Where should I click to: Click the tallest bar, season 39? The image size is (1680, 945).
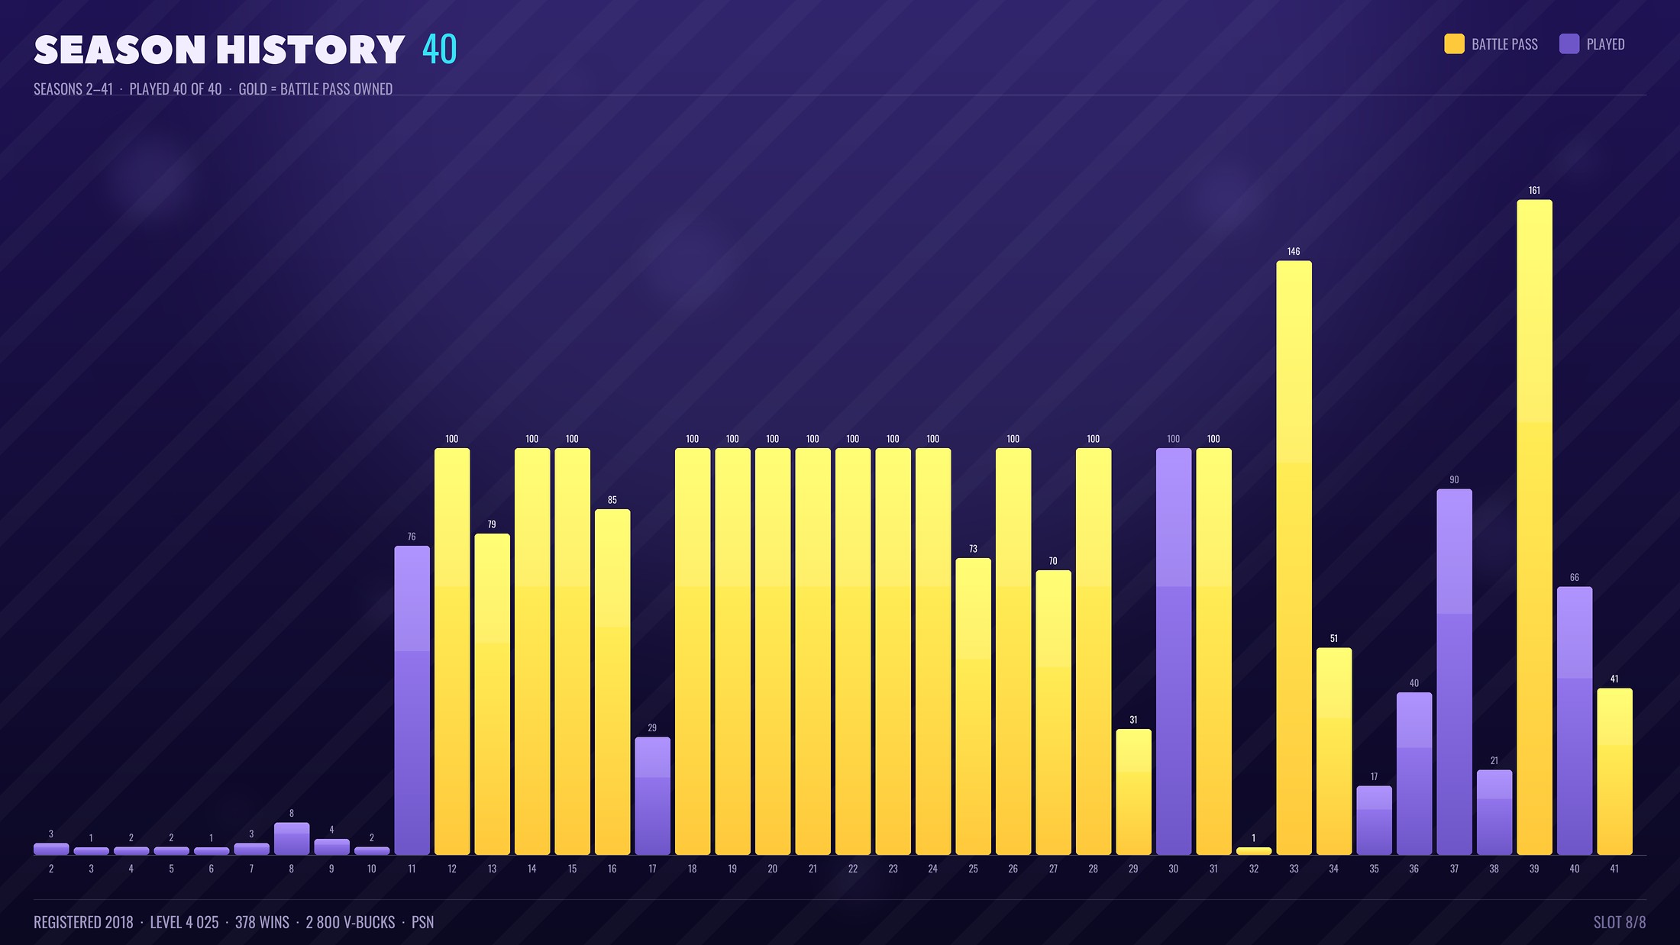pos(1534,527)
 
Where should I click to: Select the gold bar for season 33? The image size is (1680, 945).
pos(1294,557)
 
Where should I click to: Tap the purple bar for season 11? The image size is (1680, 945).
pos(412,700)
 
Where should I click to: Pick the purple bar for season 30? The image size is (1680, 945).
pos(1174,651)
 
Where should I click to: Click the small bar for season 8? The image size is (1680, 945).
pos(292,838)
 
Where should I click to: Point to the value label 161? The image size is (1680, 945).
pos(1534,190)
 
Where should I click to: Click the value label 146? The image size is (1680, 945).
pos(1294,251)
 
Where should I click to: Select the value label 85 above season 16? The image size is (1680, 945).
pos(612,500)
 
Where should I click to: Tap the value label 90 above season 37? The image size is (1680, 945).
pos(1454,480)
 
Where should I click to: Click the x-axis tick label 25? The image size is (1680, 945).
pos(973,869)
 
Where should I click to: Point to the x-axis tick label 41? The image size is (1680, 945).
pos(1614,869)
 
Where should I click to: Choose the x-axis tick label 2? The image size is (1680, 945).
pos(51,869)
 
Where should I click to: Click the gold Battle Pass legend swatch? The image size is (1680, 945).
pos(1454,44)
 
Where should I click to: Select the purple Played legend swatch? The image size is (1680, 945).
pos(1569,44)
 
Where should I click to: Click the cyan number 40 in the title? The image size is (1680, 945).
pos(439,50)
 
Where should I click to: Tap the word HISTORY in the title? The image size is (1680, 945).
pos(310,50)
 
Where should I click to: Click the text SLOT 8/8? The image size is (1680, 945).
pos(1620,922)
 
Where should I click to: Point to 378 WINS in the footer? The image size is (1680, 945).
pos(262,922)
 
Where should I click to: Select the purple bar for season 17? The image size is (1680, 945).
pos(652,796)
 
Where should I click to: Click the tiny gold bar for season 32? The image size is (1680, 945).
pos(1254,851)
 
